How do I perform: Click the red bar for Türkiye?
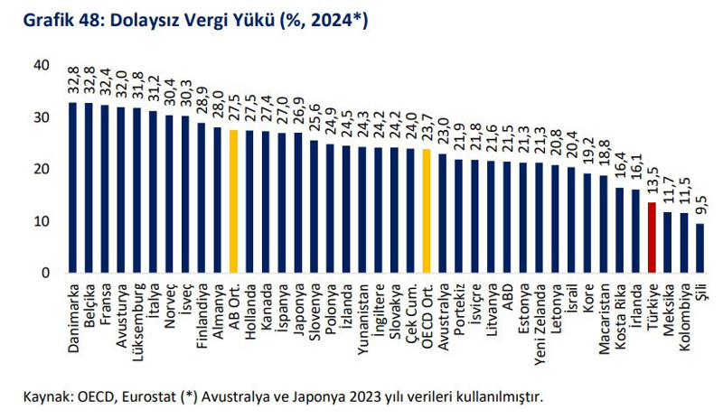(x=652, y=237)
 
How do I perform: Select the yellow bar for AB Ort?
(x=233, y=201)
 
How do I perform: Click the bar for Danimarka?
(x=72, y=188)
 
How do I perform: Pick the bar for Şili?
(x=700, y=248)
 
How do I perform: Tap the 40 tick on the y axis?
(x=42, y=65)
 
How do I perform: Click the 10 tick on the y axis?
(x=42, y=221)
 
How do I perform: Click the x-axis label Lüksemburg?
(x=137, y=312)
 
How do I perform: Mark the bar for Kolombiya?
(x=684, y=243)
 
